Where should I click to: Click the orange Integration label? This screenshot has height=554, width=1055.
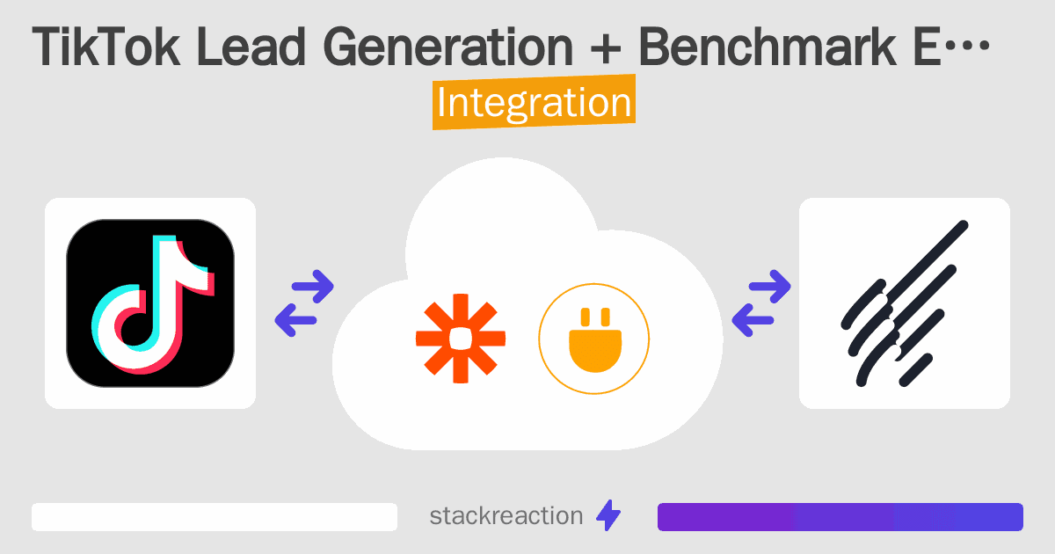[x=534, y=103]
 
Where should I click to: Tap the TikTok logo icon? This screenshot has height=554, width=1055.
[x=150, y=303]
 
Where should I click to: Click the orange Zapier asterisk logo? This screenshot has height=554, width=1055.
[x=461, y=339]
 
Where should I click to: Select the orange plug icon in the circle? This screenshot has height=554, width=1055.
[x=593, y=339]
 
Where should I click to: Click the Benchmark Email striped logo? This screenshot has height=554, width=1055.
[x=905, y=303]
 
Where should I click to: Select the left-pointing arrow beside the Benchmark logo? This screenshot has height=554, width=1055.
[x=753, y=320]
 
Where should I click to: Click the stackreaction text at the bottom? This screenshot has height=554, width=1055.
[x=506, y=516]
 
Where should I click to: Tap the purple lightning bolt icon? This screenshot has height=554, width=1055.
[x=608, y=516]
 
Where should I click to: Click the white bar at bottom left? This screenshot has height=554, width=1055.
[x=215, y=516]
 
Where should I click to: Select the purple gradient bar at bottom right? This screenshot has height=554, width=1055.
[x=840, y=516]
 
